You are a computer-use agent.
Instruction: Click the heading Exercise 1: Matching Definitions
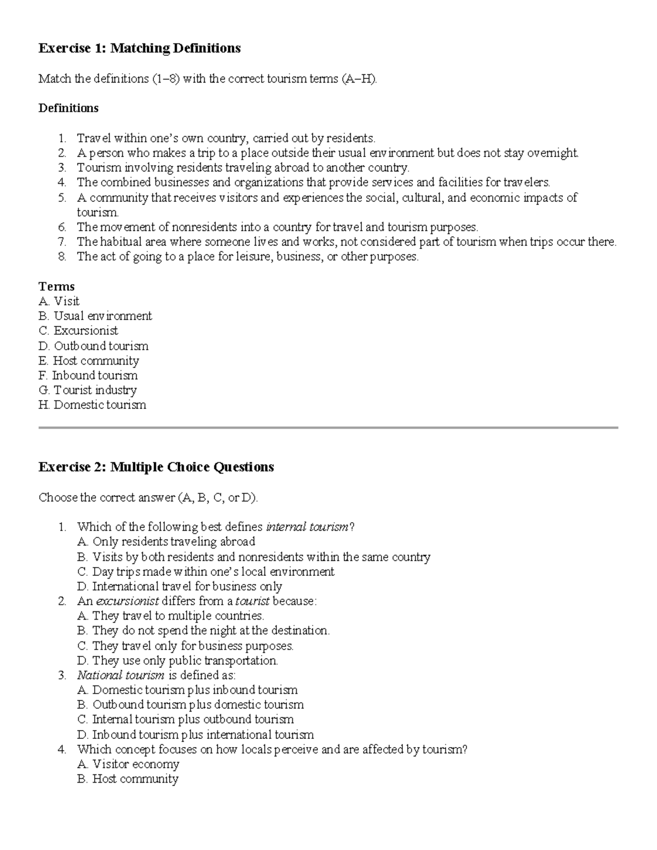(x=139, y=48)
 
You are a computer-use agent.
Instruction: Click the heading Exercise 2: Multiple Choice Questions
(x=156, y=467)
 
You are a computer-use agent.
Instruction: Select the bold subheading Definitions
(x=68, y=108)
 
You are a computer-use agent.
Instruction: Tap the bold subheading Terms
(x=56, y=286)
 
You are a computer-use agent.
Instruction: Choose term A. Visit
(x=59, y=301)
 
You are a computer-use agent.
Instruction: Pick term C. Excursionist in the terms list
(x=78, y=331)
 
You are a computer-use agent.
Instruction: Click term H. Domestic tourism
(x=93, y=405)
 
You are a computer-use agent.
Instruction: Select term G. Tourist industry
(x=88, y=390)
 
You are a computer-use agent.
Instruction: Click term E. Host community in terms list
(x=89, y=361)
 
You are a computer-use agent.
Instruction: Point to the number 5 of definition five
(x=62, y=198)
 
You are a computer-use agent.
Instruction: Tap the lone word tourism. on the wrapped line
(x=97, y=212)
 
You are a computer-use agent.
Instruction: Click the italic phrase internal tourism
(x=307, y=527)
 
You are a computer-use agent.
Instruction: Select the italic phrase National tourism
(x=120, y=675)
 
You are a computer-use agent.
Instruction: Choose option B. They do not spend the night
(x=203, y=631)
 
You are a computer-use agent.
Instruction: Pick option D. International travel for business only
(x=180, y=586)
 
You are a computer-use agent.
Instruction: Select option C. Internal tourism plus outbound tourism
(x=186, y=719)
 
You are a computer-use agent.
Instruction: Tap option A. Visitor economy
(x=128, y=764)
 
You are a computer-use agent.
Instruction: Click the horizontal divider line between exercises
(x=328, y=427)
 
